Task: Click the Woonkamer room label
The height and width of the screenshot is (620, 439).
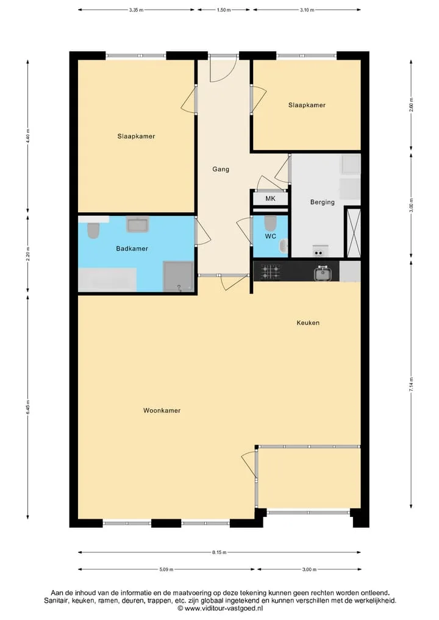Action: click(x=162, y=410)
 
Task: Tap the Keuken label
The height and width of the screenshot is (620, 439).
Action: click(x=308, y=322)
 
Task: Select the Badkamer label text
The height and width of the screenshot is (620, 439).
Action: click(x=132, y=248)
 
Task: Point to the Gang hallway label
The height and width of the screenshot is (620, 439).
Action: click(x=221, y=169)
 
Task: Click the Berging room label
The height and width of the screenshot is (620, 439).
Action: click(x=323, y=202)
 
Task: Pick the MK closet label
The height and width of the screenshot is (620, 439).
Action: click(x=271, y=199)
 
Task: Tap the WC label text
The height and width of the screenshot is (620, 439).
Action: click(x=271, y=237)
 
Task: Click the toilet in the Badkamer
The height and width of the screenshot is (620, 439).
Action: click(x=93, y=231)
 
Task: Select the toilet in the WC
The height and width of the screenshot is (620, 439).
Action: click(x=271, y=223)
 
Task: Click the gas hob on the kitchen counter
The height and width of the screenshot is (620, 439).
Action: click(x=270, y=271)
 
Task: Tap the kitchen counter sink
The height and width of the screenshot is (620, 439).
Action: click(x=323, y=273)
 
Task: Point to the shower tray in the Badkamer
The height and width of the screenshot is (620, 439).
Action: click(x=179, y=276)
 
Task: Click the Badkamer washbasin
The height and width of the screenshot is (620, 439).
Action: click(x=138, y=224)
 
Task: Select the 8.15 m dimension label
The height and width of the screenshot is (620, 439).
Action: click(x=219, y=552)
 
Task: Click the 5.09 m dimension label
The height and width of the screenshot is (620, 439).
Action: click(x=166, y=569)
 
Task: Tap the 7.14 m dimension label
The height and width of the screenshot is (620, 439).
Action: click(x=411, y=384)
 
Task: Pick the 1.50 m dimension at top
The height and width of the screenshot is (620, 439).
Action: click(x=223, y=10)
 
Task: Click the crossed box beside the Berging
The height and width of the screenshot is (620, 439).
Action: click(x=353, y=232)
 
